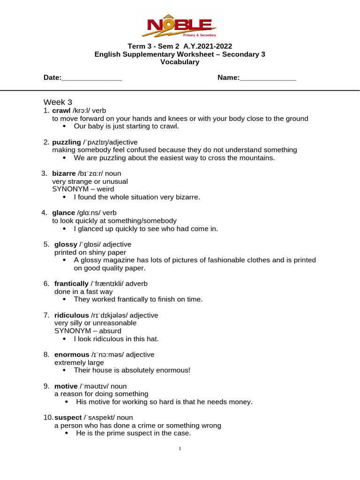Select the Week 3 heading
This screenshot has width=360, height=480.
click(58, 102)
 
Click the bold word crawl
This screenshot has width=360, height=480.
click(61, 111)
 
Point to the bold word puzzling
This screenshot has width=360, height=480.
click(67, 142)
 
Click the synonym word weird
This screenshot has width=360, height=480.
click(104, 189)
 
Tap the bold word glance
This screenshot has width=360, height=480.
click(63, 213)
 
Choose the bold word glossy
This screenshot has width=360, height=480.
click(65, 244)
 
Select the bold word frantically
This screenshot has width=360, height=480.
click(71, 284)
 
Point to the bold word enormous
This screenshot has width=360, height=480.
click(72, 354)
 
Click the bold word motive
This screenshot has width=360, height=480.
click(66, 386)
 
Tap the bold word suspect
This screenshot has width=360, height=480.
click(68, 417)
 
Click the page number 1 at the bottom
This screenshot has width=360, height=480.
click(180, 449)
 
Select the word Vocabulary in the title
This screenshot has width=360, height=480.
click(180, 62)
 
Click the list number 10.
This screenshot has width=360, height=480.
click(47, 417)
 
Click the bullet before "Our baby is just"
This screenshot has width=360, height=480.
click(65, 127)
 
